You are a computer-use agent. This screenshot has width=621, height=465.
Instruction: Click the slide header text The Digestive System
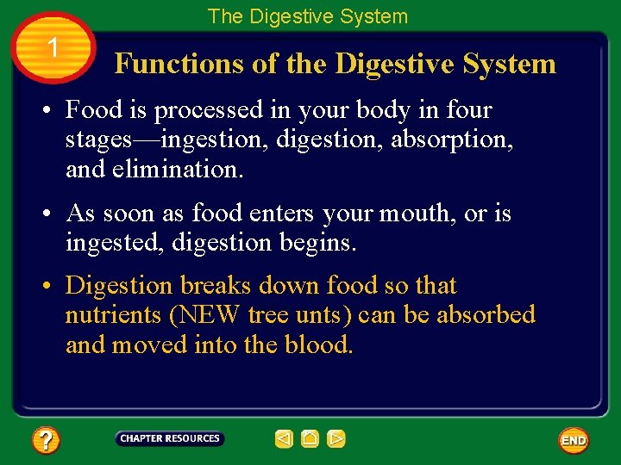tap(307, 15)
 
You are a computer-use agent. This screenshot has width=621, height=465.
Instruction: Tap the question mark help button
tap(46, 441)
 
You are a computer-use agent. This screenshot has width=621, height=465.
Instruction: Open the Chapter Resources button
tap(170, 438)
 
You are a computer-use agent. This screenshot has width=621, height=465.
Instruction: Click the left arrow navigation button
tap(284, 439)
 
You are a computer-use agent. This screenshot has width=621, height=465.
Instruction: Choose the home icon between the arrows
tap(310, 439)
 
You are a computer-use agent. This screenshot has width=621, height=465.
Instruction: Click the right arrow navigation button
tap(336, 439)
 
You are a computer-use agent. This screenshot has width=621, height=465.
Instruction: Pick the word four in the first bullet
tap(471, 110)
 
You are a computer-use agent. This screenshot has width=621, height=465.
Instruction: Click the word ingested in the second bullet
tap(112, 243)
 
